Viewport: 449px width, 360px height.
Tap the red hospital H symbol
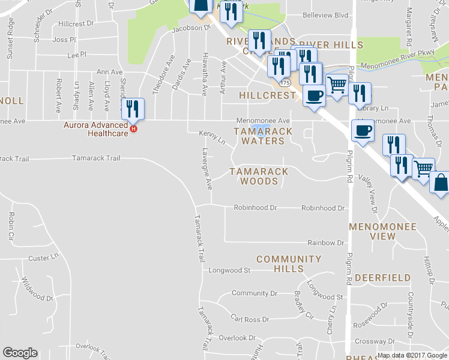134,128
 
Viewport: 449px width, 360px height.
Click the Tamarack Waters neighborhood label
262,136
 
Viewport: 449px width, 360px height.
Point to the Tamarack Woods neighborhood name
259,176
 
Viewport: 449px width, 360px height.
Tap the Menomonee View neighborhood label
382,231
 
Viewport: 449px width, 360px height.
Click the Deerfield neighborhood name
382,278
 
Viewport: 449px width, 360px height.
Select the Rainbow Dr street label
325,242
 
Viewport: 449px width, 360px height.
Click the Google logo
20,353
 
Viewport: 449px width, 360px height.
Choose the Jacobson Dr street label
192,28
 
